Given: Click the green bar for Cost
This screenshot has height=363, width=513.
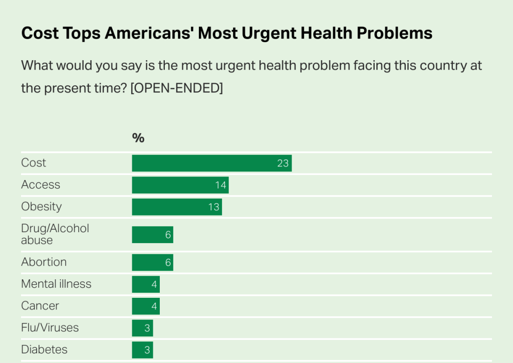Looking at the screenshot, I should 211,163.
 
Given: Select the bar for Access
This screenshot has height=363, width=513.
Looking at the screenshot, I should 180,185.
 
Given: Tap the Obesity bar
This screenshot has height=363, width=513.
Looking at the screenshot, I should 176,207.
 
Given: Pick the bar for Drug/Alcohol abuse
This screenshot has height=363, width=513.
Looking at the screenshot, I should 152,235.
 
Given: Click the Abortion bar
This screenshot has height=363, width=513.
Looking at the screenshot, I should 152,262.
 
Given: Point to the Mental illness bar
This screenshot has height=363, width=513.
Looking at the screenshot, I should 145,284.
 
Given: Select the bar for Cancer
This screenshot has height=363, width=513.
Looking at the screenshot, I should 145,306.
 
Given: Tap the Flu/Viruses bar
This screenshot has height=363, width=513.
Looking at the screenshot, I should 142,328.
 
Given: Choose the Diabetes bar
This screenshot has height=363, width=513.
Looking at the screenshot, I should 142,350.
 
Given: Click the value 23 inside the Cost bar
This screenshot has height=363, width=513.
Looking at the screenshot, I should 283,163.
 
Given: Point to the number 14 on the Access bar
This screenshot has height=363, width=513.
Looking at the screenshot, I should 221,185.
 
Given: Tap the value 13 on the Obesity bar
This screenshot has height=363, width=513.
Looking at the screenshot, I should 214,207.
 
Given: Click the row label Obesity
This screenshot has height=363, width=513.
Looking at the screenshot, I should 41,207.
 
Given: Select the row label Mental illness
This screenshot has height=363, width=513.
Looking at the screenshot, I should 56,284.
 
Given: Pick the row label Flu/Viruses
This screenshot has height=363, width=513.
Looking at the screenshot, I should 50,328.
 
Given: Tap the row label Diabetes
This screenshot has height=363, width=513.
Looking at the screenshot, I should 44,350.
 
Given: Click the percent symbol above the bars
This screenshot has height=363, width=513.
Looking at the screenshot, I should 138,138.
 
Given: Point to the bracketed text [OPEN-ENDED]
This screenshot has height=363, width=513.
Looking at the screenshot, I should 176,88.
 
